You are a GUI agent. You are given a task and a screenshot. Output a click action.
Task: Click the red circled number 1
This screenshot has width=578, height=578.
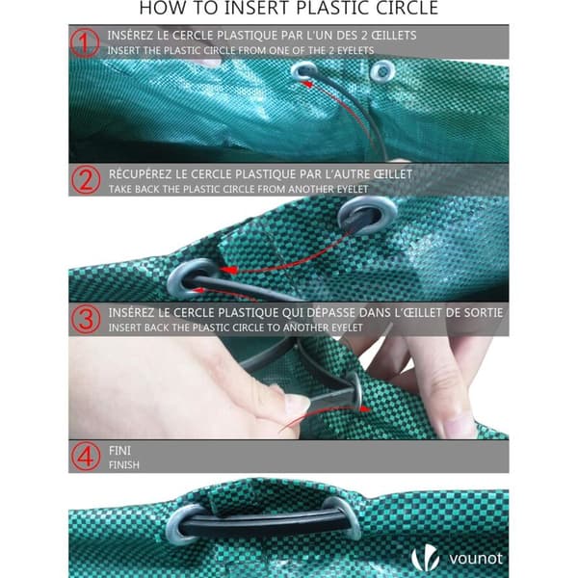(x=85, y=42)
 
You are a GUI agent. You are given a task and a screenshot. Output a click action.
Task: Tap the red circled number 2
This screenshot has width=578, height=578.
(x=86, y=179)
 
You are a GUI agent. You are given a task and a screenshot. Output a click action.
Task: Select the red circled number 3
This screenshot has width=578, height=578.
(x=86, y=319)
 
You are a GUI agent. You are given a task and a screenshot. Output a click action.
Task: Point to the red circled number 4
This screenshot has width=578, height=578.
(x=86, y=457)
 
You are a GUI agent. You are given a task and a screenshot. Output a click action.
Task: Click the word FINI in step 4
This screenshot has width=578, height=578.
(x=119, y=451)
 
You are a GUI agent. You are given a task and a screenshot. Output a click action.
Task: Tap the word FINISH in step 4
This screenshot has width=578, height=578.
(x=124, y=465)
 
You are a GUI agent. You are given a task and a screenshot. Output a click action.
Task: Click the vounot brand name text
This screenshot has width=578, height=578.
(x=476, y=559)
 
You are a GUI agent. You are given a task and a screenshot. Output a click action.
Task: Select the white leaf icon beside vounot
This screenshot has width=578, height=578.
(x=425, y=557)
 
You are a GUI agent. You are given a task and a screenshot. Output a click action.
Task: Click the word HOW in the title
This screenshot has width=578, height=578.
(x=160, y=8)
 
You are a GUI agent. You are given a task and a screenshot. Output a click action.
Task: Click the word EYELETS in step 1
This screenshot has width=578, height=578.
(x=355, y=50)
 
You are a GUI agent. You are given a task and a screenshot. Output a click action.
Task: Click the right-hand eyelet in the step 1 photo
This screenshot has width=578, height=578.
(x=382, y=71)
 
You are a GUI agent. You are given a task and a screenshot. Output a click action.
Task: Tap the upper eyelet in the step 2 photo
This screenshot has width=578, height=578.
(x=368, y=215)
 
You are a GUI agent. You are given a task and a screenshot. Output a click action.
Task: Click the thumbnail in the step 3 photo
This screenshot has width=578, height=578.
(x=297, y=403)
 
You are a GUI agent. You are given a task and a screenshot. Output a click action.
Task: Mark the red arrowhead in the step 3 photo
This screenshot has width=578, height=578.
(x=365, y=408)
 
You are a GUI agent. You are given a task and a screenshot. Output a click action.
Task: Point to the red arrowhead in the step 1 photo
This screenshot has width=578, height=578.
(x=306, y=84)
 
